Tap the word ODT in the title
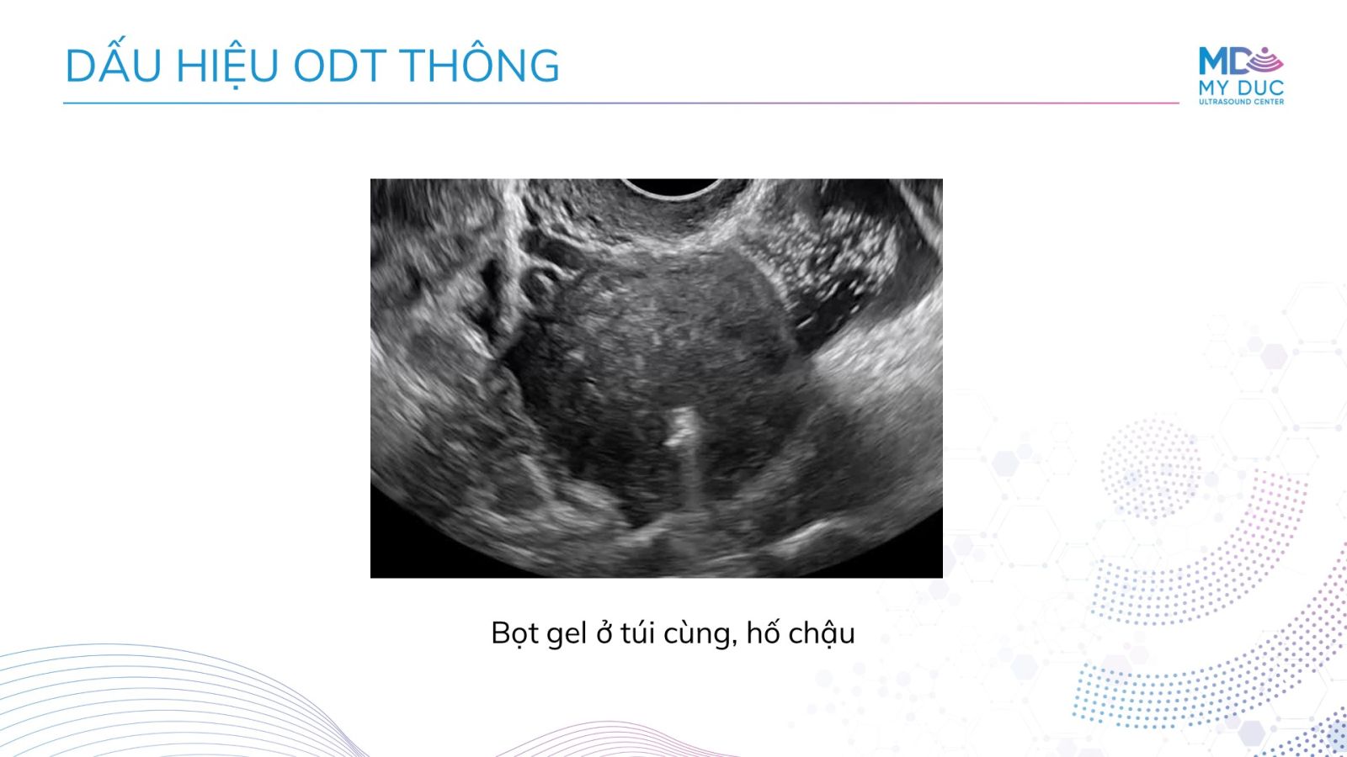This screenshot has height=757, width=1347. point(340,66)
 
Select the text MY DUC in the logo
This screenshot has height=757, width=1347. point(1241,87)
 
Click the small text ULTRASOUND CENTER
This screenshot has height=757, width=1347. point(1241,102)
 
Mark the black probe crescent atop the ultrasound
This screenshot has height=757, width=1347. point(673,187)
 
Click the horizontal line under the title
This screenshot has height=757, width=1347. point(621,103)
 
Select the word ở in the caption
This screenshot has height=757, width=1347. point(603,634)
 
